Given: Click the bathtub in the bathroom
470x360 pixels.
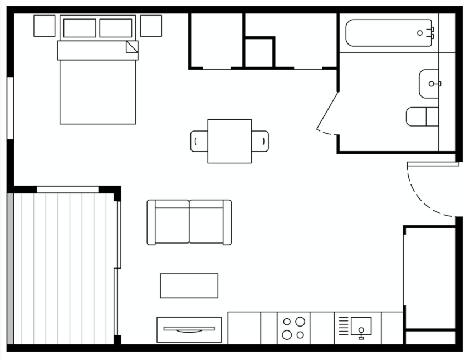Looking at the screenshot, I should tap(388, 33).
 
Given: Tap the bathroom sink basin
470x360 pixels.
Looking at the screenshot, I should tap(429, 84).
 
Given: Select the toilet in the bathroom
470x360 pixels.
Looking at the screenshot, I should tap(422, 116).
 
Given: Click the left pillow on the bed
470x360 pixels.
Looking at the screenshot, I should tap(80, 28).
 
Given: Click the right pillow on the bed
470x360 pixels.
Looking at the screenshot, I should tap(116, 28).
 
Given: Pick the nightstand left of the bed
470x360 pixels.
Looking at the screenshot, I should tap(45, 26).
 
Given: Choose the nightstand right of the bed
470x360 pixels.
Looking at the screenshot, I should tap(151, 26).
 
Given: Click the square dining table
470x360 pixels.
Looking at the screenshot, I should tap(229, 141).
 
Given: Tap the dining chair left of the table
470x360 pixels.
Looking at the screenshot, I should tap(199, 141).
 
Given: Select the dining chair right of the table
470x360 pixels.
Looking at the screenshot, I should tap(260, 141).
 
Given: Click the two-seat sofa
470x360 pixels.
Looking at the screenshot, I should tap(189, 222).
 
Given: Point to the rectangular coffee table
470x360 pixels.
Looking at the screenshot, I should tap(189, 285).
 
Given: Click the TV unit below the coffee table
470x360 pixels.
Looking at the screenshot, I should tap(189, 329).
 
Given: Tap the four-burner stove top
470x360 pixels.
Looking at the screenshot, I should tap(293, 328).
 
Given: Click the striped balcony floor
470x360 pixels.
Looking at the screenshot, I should tap(64, 267).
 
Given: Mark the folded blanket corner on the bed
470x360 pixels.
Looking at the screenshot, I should tap(132, 47).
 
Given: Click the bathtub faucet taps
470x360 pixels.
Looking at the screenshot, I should tap(430, 32).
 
